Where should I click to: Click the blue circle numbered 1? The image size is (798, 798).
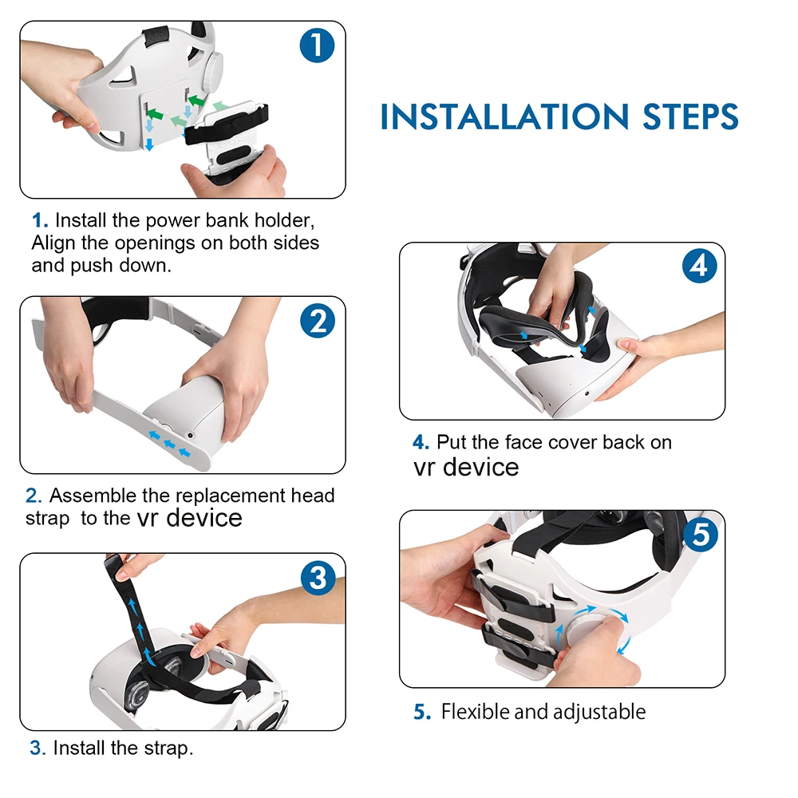[x=317, y=45]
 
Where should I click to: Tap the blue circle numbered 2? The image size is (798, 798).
[x=318, y=321]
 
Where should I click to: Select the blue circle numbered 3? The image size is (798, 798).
[x=318, y=578]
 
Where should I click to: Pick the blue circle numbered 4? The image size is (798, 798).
[x=699, y=266]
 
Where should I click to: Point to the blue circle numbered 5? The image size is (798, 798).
[x=701, y=535]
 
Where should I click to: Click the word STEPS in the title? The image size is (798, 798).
[x=690, y=117]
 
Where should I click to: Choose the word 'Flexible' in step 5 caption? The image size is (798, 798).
[x=475, y=712]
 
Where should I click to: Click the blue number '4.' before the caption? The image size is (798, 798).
[x=421, y=442]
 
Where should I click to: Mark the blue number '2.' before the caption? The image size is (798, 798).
[x=34, y=496]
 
